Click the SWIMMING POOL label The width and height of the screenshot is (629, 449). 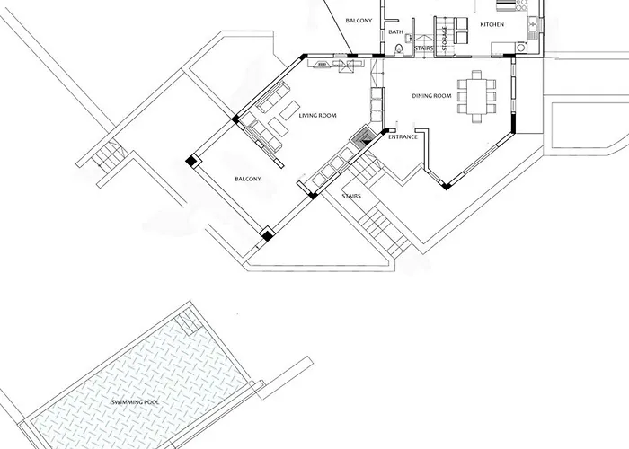tap(134, 401)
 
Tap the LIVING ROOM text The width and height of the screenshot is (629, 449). tap(317, 115)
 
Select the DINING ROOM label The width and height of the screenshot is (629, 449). tap(431, 95)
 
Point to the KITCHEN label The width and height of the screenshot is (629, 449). tap(492, 24)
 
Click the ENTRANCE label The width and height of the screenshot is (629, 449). tap(402, 137)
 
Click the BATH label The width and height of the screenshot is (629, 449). tap(395, 32)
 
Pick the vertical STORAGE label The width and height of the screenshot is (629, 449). tap(444, 39)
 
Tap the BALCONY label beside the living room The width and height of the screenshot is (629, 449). tap(248, 180)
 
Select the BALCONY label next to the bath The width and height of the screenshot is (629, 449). tap(359, 20)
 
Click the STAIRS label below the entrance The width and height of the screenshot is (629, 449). tap(351, 194)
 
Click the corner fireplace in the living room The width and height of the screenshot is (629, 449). tap(364, 137)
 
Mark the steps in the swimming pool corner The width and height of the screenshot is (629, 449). tap(188, 321)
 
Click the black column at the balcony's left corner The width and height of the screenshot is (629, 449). tap(191, 161)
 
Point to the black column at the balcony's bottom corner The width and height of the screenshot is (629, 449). tap(267, 236)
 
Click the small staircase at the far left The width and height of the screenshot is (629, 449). tap(104, 157)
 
